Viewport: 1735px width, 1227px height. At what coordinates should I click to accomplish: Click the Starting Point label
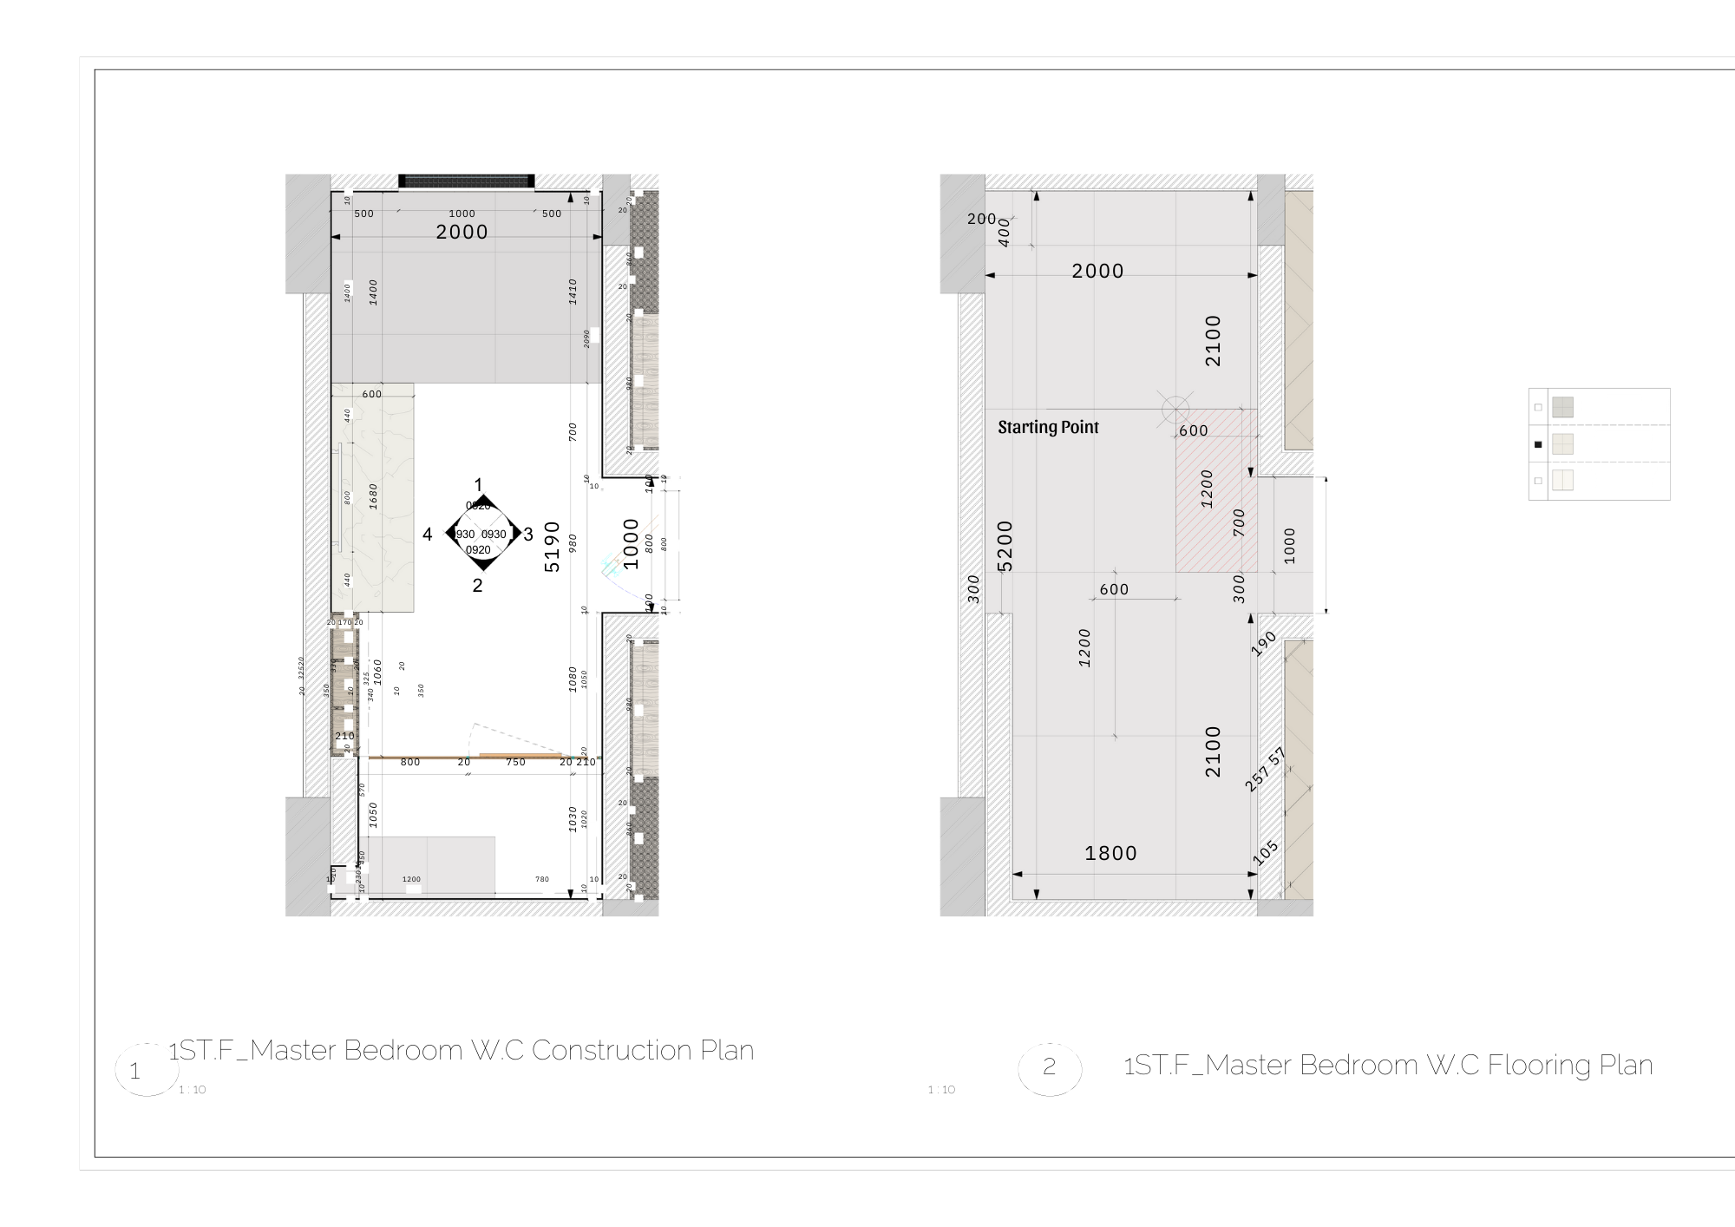click(x=1048, y=427)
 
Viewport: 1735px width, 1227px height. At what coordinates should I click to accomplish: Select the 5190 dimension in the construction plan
click(x=552, y=547)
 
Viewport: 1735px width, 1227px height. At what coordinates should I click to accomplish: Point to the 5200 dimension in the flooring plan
click(x=1005, y=545)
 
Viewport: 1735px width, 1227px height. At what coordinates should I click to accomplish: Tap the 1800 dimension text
click(x=1110, y=854)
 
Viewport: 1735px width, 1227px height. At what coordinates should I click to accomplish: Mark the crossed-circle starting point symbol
click(x=1175, y=409)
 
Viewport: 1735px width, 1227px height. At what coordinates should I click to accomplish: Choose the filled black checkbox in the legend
click(x=1538, y=444)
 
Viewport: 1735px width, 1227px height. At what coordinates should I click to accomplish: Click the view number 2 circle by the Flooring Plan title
click(x=1050, y=1067)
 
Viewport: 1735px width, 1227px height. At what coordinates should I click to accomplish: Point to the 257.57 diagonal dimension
click(x=1265, y=769)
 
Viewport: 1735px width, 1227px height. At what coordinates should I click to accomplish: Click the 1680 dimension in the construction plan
click(x=374, y=496)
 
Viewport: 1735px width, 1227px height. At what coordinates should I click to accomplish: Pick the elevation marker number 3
click(x=528, y=535)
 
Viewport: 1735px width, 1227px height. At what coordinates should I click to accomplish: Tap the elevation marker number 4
click(x=427, y=535)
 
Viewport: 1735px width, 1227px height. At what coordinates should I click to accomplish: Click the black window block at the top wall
click(x=466, y=181)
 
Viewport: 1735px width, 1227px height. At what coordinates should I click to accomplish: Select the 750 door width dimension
click(x=515, y=763)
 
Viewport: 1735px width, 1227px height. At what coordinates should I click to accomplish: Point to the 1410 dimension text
click(x=573, y=292)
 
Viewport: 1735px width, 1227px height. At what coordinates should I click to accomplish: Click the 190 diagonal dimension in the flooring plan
click(x=1265, y=643)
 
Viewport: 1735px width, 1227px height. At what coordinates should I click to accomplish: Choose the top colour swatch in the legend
click(x=1562, y=407)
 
